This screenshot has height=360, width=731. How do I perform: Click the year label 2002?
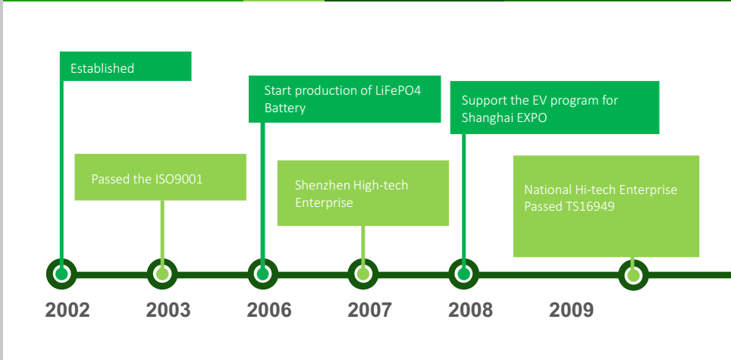pyautogui.click(x=67, y=310)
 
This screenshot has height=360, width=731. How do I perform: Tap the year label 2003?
pyautogui.click(x=168, y=310)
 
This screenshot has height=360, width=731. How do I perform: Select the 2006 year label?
pyautogui.click(x=269, y=310)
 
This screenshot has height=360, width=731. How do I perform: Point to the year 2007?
pyautogui.click(x=370, y=310)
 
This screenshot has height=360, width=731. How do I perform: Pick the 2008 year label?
pyautogui.click(x=470, y=310)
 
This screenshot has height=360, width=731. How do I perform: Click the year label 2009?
pyautogui.click(x=571, y=310)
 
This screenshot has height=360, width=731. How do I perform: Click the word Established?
pyautogui.click(x=102, y=68)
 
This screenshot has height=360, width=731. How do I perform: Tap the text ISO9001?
pyautogui.click(x=179, y=180)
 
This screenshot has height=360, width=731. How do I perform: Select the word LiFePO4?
pyautogui.click(x=398, y=90)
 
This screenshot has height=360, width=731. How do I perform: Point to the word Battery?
pyautogui.click(x=285, y=108)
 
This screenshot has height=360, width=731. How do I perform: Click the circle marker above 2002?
pyautogui.click(x=61, y=274)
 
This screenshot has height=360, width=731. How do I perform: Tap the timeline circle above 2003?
pyautogui.click(x=162, y=274)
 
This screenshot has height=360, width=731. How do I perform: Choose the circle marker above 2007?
pyautogui.click(x=363, y=274)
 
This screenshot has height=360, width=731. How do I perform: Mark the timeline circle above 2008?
pyautogui.click(x=464, y=274)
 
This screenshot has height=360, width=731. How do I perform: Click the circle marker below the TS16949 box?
pyautogui.click(x=633, y=275)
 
